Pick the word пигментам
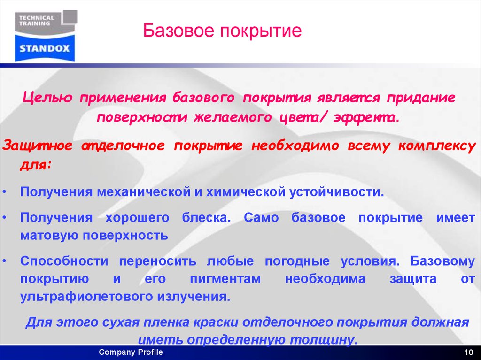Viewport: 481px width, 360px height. (x=225, y=279)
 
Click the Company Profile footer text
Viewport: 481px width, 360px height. (x=131, y=352)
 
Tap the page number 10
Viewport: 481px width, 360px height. (x=467, y=353)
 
